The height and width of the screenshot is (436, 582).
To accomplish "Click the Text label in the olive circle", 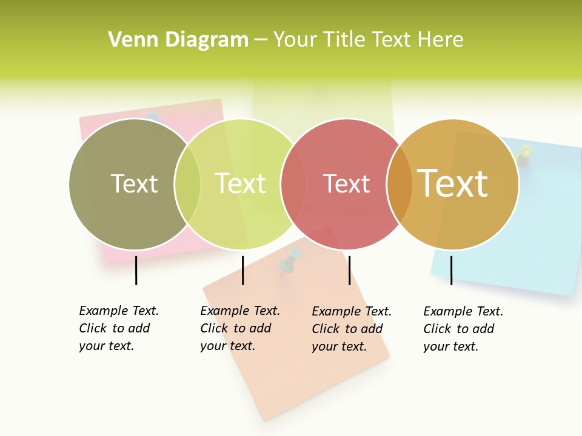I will point(134,183).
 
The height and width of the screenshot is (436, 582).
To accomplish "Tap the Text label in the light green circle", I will point(240,183).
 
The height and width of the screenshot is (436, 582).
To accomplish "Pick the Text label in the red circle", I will point(346,183).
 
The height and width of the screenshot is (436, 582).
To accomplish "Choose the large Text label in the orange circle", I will point(453,183).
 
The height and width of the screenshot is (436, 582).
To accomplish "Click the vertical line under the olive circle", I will point(136,270).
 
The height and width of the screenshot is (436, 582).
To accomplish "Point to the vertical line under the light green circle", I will point(242,270).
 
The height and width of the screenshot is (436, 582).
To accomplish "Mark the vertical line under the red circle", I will point(349,270).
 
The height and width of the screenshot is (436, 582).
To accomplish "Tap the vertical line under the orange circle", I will point(451,270).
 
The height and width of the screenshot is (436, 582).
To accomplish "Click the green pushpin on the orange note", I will point(291,259).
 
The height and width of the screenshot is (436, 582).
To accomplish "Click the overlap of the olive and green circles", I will point(187,183).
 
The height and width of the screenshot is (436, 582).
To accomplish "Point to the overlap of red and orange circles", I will point(400,183).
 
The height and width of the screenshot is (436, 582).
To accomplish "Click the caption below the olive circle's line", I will point(118,328).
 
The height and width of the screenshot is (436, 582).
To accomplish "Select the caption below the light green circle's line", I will point(239,328).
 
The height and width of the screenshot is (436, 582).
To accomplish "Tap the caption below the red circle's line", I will point(351,329).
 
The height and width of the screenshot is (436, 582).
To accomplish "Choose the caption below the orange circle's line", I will point(463,329).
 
